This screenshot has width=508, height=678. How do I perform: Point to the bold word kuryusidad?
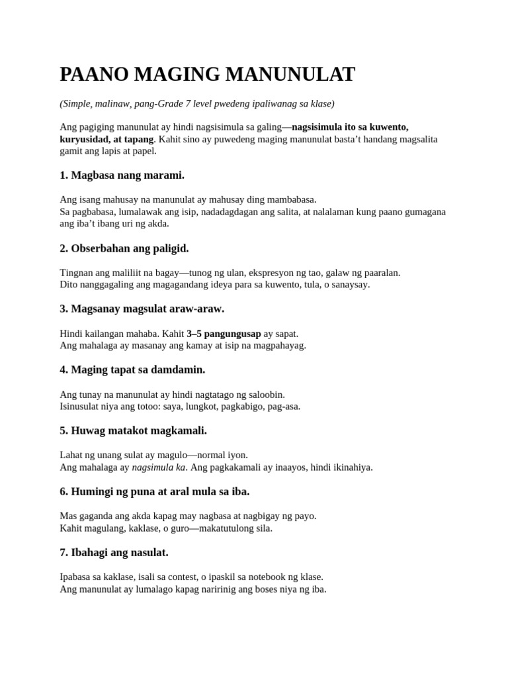coord(83,139)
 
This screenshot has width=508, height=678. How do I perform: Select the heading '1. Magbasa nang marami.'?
coord(122,175)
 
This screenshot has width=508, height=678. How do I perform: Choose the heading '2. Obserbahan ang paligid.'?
coord(124,248)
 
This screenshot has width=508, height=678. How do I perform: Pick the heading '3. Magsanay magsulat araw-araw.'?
coord(142,309)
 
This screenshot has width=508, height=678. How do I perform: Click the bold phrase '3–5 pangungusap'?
coord(224,333)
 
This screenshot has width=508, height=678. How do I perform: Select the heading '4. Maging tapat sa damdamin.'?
coord(132,369)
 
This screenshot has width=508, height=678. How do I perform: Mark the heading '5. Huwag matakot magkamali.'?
coord(134,430)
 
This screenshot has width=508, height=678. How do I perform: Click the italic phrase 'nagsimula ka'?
coord(159,467)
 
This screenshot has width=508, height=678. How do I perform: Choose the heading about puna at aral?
coord(155,491)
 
